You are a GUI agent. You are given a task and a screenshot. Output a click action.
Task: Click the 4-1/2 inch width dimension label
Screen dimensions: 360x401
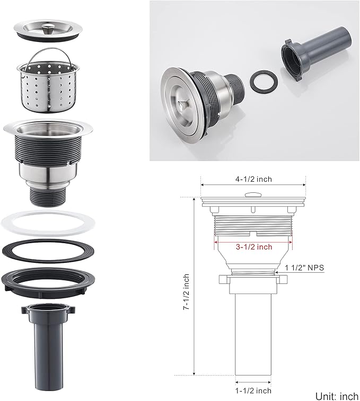click(x=253, y=179)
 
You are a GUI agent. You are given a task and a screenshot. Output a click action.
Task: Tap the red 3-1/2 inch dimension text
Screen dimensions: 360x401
click(x=254, y=247)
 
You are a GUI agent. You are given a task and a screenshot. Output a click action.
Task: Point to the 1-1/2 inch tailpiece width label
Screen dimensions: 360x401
click(x=253, y=391)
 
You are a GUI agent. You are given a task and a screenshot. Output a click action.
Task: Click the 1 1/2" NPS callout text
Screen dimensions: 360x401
click(x=304, y=268)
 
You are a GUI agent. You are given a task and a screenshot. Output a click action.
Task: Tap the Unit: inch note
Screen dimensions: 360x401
click(x=337, y=396)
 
